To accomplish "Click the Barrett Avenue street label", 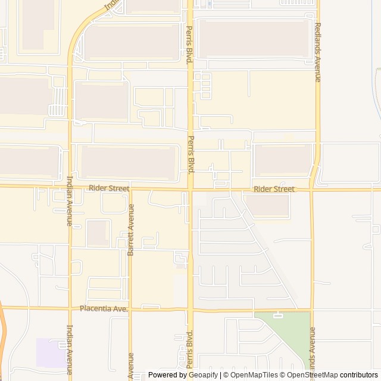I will coord(131,230).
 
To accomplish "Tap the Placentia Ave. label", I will coord(104,309).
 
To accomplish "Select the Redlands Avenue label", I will coord(318,52).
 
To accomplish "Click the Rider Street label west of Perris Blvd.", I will coord(109,188).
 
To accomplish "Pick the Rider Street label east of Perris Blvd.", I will coord(274,189).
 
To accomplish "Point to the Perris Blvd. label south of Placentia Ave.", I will coord(190,348).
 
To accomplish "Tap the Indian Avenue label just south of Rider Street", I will coord(70,201).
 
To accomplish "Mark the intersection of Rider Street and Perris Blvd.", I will coord(190,189).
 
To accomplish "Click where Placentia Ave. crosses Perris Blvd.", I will coord(190,310).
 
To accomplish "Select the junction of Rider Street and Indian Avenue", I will coord(70,187).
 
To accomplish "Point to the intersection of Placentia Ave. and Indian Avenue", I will coord(70,308).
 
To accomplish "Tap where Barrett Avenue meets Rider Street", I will coord(131,189).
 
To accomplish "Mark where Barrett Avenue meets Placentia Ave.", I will coord(130,308).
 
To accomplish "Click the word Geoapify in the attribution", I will coord(204,375).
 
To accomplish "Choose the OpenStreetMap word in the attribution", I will coord(312,375).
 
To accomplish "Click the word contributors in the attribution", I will coord(359,375).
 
